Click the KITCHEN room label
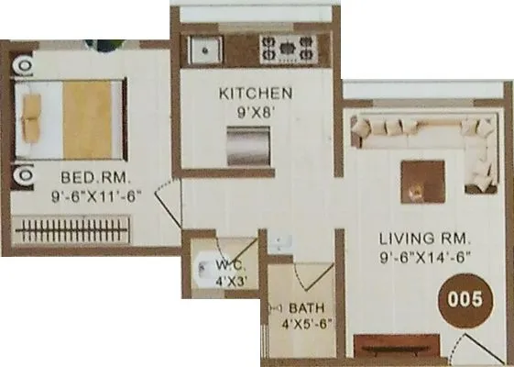pos(256,94)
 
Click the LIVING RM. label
pos(425,240)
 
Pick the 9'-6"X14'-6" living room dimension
pos(426,258)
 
